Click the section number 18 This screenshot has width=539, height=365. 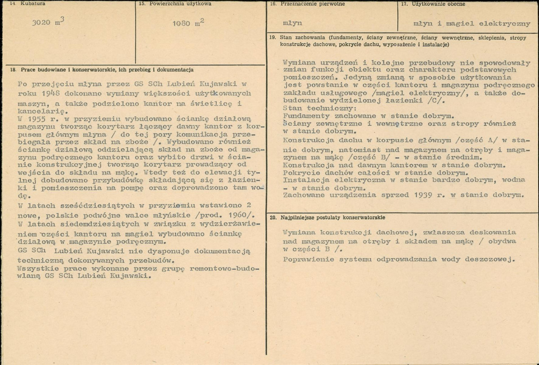click(x=13, y=70)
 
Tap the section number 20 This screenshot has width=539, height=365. click(x=273, y=217)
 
